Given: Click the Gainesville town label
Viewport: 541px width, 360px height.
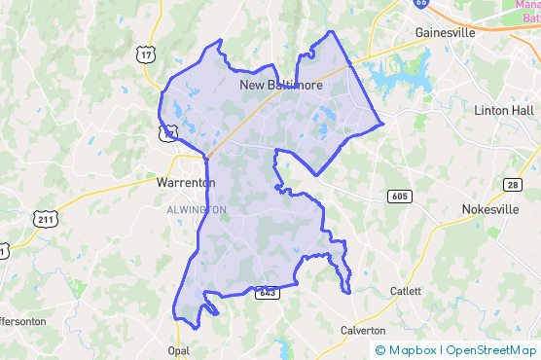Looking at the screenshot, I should click(445, 32).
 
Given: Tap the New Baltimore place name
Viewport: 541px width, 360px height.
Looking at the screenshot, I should click(281, 86).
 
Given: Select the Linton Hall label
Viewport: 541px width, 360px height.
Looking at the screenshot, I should click(504, 110).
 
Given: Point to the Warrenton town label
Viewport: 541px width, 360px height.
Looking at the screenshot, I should click(185, 182).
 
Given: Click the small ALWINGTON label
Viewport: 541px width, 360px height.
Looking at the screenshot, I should click(197, 209).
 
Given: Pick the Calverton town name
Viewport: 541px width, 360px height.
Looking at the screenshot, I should click(363, 330).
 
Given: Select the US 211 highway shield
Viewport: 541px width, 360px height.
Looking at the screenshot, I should click(45, 219).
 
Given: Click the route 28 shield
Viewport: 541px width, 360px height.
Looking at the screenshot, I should click(513, 184).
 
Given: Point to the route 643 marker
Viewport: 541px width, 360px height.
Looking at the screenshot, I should click(268, 292).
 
